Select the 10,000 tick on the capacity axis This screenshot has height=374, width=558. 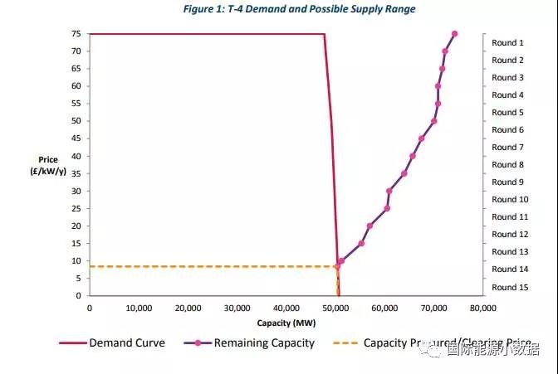coord(139,307)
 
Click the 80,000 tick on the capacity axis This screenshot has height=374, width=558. coord(482,307)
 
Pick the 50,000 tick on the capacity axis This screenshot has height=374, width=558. coord(335,307)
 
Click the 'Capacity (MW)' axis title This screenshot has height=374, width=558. coord(285,322)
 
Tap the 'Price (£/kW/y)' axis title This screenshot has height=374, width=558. coord(46,164)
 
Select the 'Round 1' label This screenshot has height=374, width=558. coord(508,42)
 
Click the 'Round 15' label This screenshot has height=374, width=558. coord(510,287)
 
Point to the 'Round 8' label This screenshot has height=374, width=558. coord(508,164)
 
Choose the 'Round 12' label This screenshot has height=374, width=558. coord(510,235)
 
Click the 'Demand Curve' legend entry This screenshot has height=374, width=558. coord(127,343)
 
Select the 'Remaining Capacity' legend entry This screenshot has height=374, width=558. coord(264,343)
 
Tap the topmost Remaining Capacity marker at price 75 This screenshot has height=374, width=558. coord(454,34)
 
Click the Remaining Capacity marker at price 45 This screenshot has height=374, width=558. coord(421,138)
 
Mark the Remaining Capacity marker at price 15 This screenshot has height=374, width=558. coord(361,243)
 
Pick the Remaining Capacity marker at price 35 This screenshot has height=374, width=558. coord(404,173)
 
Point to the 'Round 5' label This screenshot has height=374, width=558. coord(508,112)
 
